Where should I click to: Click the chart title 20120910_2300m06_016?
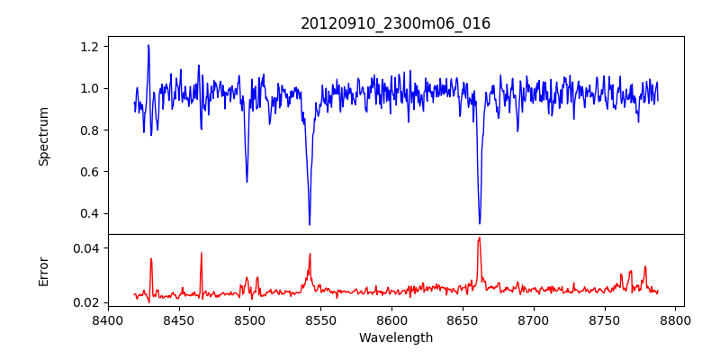(x=395, y=23)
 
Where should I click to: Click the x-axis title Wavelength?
(x=395, y=338)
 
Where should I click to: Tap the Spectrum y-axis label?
(x=44, y=136)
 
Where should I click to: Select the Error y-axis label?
(x=44, y=271)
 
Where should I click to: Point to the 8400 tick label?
(x=107, y=319)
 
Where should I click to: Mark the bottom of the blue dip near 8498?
(x=247, y=182)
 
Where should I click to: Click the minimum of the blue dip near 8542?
(x=310, y=224)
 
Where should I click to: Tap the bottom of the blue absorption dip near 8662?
(x=480, y=223)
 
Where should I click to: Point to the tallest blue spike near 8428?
(x=148, y=45)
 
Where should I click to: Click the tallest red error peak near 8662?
(x=479, y=238)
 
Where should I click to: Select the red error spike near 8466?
(x=202, y=253)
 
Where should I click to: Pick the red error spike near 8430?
(x=151, y=259)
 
